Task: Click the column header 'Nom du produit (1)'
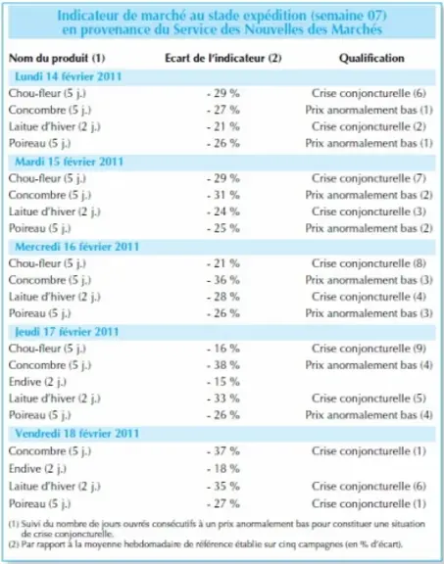click(57, 59)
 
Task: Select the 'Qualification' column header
click(371, 59)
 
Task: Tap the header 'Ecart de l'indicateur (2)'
click(223, 59)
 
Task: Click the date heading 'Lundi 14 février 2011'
click(69, 76)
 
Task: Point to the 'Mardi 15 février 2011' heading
click(70, 162)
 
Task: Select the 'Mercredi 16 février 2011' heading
click(77, 247)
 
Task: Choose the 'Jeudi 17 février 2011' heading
click(67, 332)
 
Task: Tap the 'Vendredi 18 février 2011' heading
click(77, 434)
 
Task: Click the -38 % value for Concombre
click(223, 365)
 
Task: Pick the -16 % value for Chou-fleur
click(223, 349)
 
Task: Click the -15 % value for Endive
click(223, 382)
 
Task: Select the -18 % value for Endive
click(223, 469)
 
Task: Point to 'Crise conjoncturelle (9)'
click(370, 349)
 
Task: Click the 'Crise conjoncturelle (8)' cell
click(370, 263)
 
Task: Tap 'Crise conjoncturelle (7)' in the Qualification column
click(370, 178)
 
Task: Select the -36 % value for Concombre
click(223, 280)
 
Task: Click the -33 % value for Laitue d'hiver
click(223, 399)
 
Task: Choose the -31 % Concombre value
click(223, 195)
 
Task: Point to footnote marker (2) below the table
click(14, 544)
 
